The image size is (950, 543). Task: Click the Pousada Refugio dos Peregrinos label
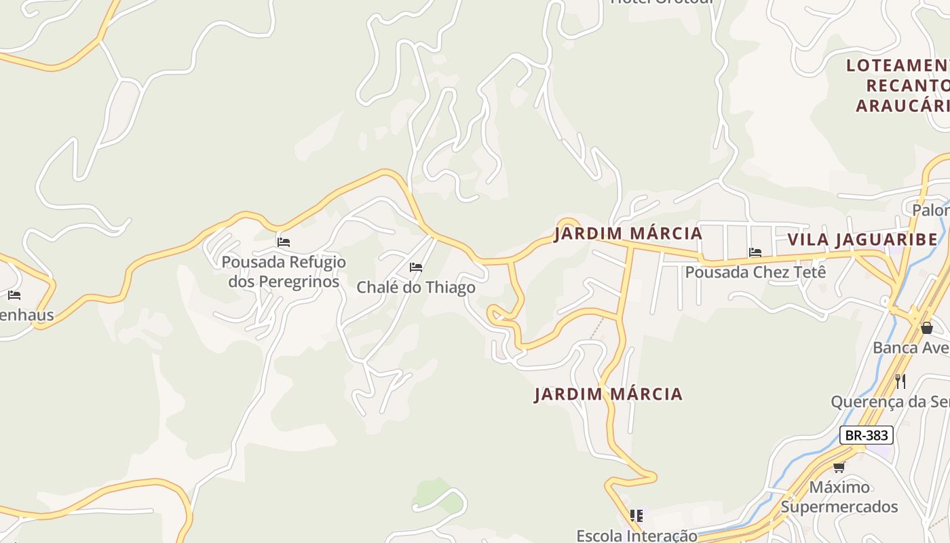click(284, 271)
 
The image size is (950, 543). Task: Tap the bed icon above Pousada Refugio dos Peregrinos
click(284, 242)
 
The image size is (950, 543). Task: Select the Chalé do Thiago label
click(416, 288)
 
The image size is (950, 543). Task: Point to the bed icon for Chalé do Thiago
click(416, 267)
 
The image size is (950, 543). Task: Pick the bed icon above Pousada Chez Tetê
click(755, 252)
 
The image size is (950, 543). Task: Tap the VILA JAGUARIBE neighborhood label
click(862, 240)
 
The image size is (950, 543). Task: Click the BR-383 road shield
click(866, 435)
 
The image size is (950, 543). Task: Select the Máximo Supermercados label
click(839, 497)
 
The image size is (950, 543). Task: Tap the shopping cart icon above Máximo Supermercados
click(839, 467)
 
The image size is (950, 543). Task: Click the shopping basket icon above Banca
click(926, 329)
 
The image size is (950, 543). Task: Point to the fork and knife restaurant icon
click(900, 381)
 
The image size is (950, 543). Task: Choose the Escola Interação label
click(636, 536)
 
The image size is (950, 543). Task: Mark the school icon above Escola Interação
click(636, 516)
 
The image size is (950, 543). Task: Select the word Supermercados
click(839, 506)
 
